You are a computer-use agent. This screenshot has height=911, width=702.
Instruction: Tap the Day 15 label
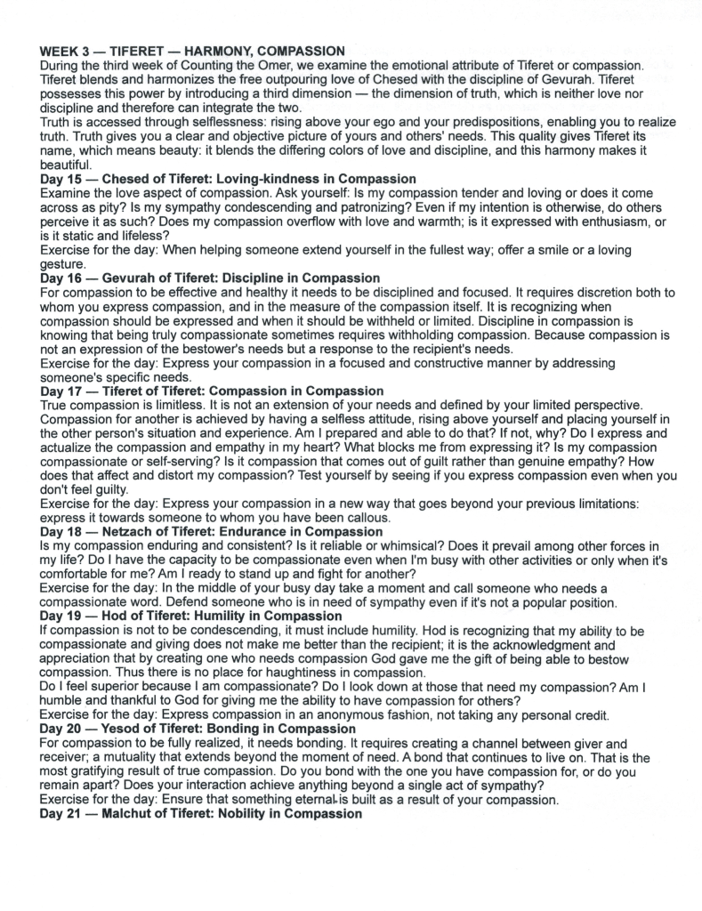point(63,179)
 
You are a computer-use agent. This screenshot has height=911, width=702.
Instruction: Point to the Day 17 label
point(63,391)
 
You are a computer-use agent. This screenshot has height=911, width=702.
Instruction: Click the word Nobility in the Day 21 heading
point(259,814)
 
